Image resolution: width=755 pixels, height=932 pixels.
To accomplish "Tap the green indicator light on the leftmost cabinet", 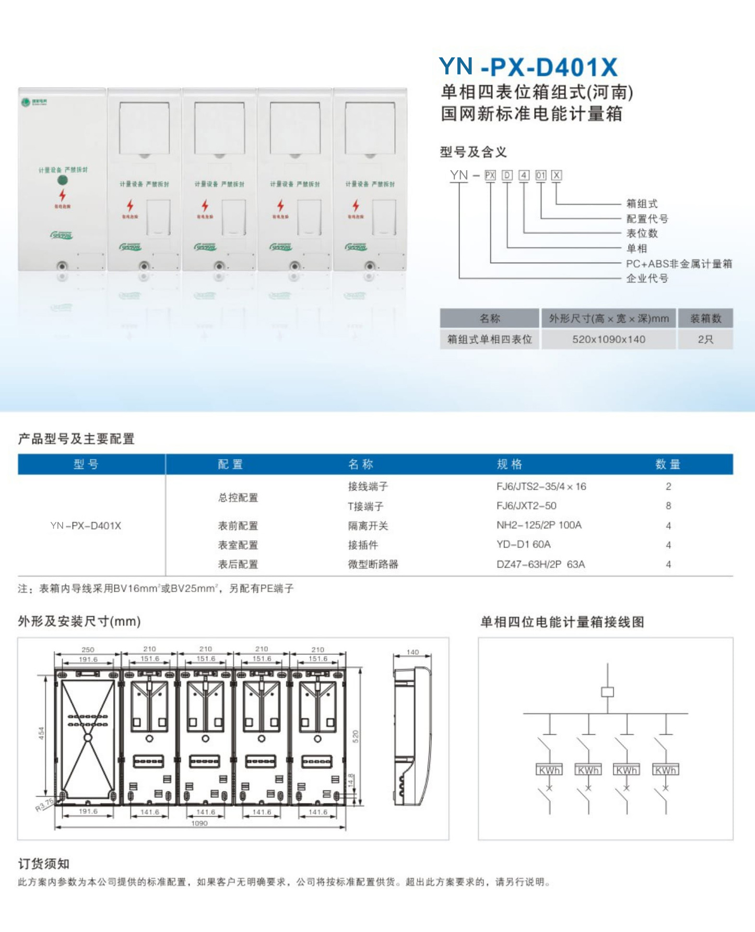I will pyautogui.click(x=63, y=181).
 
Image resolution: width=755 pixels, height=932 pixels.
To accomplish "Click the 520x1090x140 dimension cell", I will pyautogui.click(x=608, y=339).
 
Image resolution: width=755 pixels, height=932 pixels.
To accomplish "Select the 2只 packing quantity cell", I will pyautogui.click(x=705, y=339).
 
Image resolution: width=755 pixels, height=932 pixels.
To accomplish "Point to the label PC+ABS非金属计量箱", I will pyautogui.click(x=679, y=264).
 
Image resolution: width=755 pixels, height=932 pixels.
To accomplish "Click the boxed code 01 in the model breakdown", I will pyautogui.click(x=540, y=175).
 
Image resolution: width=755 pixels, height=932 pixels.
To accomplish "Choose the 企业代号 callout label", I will pyautogui.click(x=647, y=278).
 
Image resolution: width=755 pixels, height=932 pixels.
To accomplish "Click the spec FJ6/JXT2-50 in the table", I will pyautogui.click(x=526, y=505).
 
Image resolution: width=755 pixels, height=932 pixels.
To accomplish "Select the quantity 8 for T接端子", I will pyautogui.click(x=668, y=505).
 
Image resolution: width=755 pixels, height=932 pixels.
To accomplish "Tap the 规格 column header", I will pyautogui.click(x=509, y=464).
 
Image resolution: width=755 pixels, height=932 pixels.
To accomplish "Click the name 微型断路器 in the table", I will pyautogui.click(x=373, y=564).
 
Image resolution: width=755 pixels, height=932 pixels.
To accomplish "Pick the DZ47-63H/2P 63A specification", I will pyautogui.click(x=540, y=564).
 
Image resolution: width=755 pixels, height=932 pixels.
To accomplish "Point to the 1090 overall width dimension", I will pyautogui.click(x=199, y=823).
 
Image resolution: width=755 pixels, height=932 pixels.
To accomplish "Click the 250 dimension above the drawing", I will pyautogui.click(x=88, y=650).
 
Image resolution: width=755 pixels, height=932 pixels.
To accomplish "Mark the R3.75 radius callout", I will pyautogui.click(x=44, y=805).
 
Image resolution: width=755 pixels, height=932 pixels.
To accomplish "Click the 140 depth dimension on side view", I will pyautogui.click(x=412, y=652).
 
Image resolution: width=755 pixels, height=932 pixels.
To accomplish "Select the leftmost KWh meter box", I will pyautogui.click(x=549, y=770).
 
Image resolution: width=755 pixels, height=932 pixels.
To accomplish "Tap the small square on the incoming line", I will pyautogui.click(x=607, y=692).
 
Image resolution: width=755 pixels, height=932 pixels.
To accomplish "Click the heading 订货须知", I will pyautogui.click(x=44, y=864).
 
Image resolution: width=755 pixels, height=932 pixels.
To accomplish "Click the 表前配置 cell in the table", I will pyautogui.click(x=238, y=526).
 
